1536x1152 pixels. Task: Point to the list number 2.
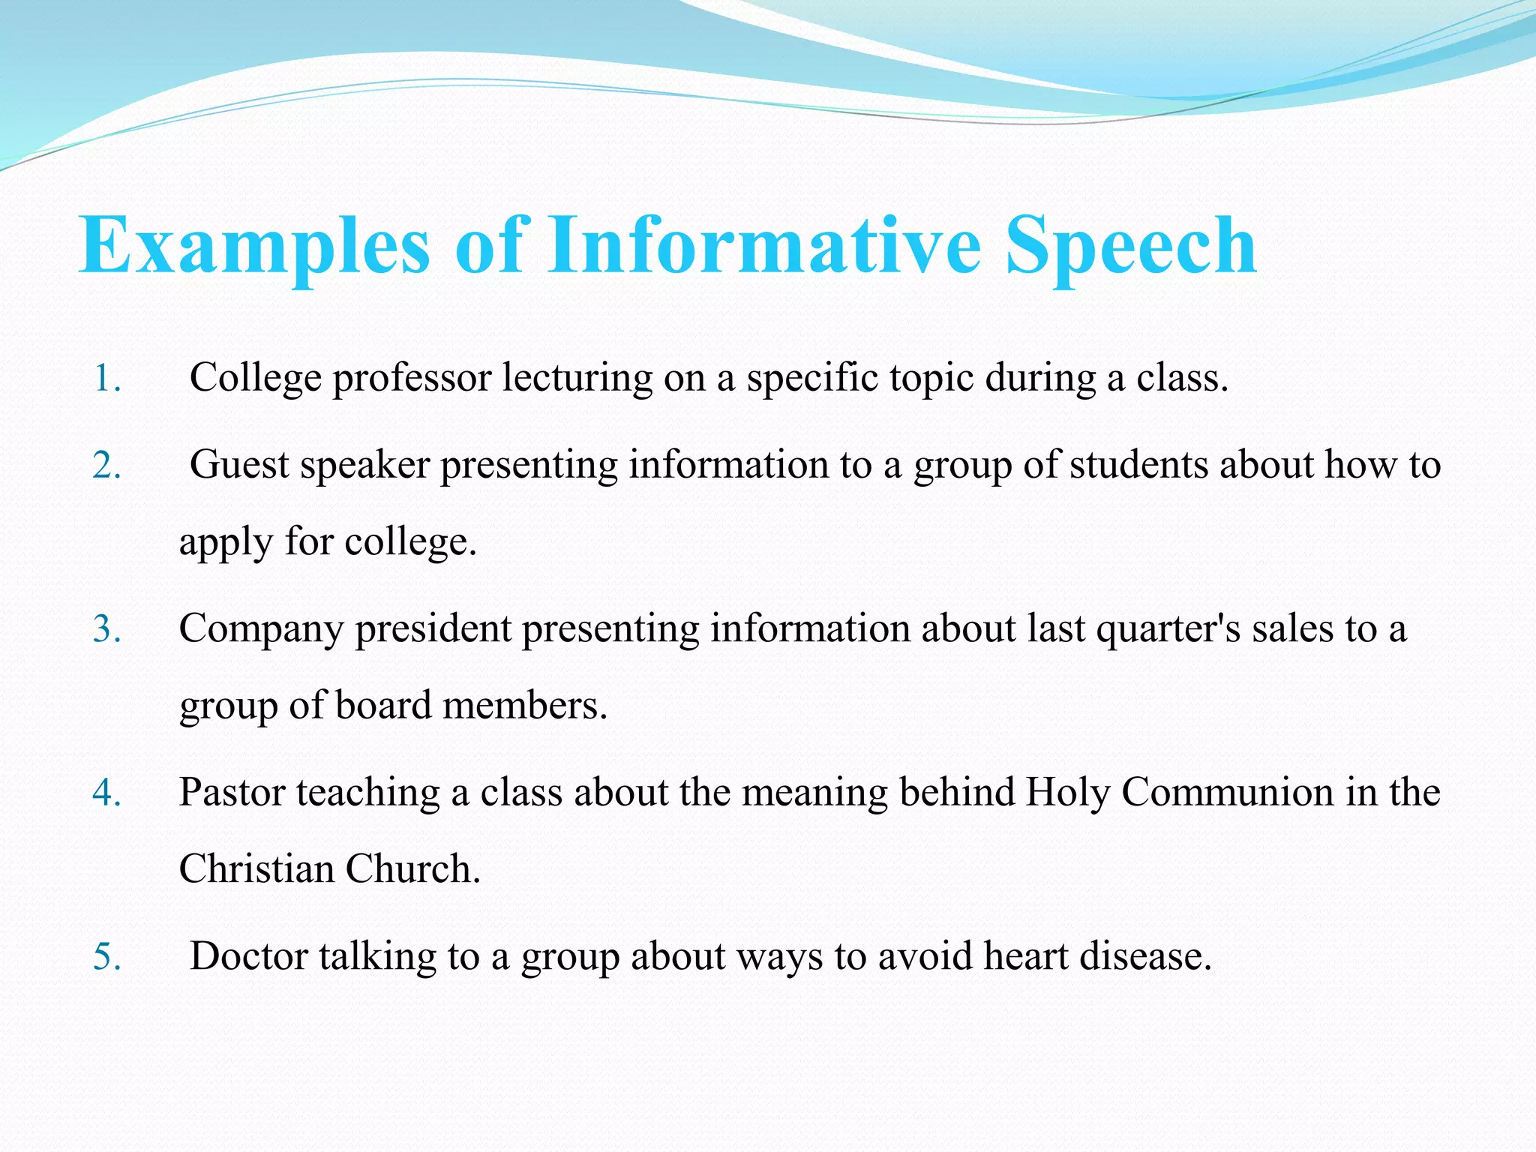point(106,466)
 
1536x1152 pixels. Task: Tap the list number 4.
point(106,793)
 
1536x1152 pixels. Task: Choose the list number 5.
point(106,957)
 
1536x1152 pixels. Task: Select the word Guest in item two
point(238,465)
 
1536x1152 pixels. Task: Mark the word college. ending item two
point(410,541)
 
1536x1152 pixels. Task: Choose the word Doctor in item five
point(248,956)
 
